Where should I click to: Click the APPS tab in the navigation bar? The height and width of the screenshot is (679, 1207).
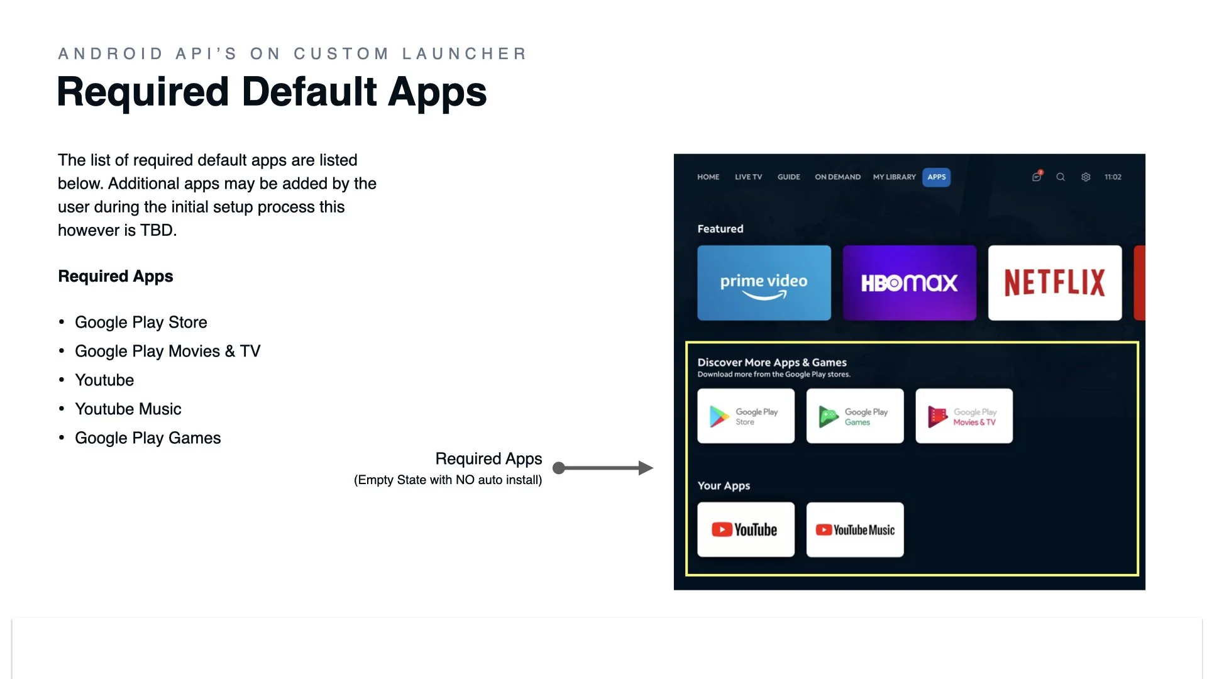coord(936,177)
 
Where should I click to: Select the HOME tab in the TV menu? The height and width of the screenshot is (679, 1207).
coord(708,177)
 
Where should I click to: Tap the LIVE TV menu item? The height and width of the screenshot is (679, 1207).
coord(748,177)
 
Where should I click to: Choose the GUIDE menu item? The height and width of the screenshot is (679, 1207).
coord(788,177)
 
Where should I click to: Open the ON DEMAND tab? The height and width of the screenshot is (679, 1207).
coord(837,177)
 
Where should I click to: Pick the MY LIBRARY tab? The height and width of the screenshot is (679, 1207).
coord(894,177)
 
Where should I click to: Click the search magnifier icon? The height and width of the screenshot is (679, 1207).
coord(1061,177)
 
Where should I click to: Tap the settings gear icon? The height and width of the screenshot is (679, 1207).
coord(1086,177)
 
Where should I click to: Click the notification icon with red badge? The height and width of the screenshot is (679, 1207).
coord(1037,177)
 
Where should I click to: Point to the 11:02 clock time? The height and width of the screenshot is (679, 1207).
coord(1113,177)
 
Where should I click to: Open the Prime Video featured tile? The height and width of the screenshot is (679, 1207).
coord(764,283)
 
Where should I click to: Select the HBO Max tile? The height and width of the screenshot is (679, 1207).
coord(909,283)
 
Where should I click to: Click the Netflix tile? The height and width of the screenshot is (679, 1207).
coord(1054,283)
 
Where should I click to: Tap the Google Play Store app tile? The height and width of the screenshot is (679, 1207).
coord(746,416)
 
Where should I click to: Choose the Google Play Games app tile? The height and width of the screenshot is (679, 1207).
coord(854,416)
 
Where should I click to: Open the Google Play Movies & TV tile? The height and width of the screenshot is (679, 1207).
coord(964,416)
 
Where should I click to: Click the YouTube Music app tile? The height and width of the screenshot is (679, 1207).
coord(854,529)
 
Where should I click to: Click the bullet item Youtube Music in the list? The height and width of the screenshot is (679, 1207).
coord(128,409)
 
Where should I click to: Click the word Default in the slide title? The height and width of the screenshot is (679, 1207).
coord(309,92)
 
